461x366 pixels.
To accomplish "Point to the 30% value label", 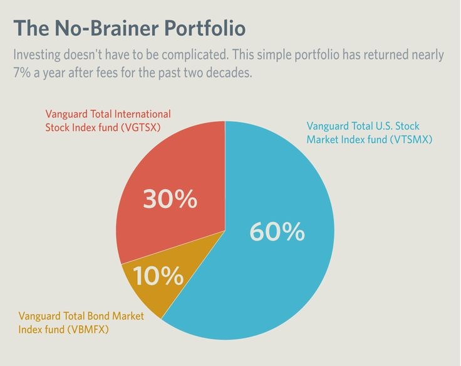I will coord(170,199).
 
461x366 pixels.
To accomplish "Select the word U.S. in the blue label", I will coord(383,126).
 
